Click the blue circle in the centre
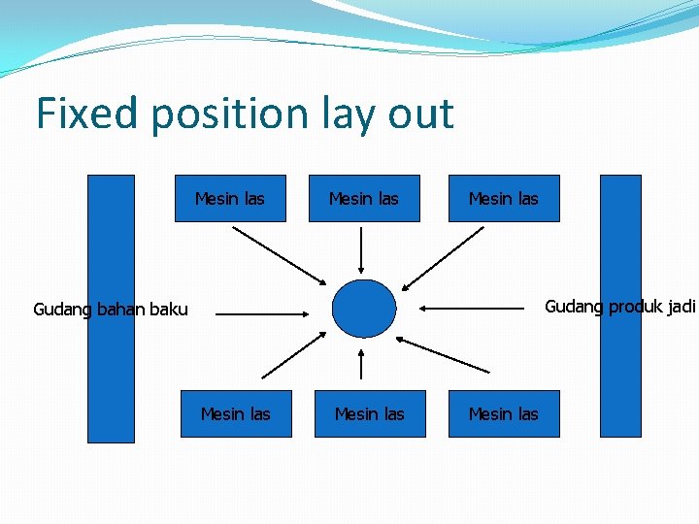coord(364,309)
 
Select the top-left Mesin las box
coord(230,199)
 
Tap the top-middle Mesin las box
coord(364,199)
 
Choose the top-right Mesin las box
coord(503,199)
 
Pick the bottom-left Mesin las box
coord(235,414)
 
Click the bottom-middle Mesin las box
coord(369,414)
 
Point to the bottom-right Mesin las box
coord(503,414)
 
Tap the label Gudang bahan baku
coord(111,310)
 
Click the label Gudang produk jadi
coord(619,307)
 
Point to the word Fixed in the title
coord(86,114)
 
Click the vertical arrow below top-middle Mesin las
coord(361,250)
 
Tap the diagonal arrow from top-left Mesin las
coord(281,255)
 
